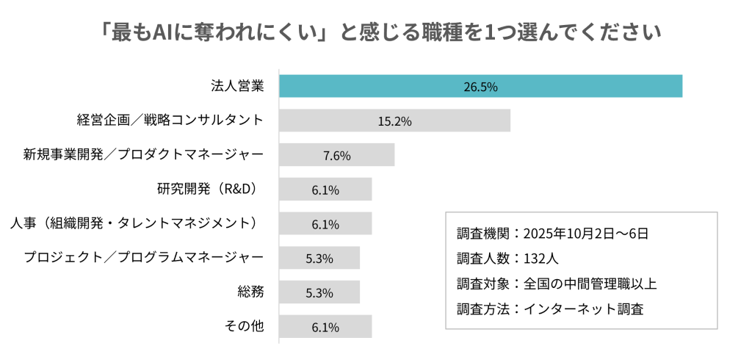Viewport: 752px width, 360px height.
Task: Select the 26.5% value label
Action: tap(480, 86)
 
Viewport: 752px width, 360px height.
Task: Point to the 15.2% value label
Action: tap(394, 120)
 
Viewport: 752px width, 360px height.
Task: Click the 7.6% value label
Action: tap(336, 155)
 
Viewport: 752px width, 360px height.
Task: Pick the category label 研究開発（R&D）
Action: tap(210, 189)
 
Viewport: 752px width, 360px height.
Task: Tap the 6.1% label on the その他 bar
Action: tap(325, 327)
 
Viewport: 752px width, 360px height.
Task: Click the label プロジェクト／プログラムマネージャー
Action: tap(143, 258)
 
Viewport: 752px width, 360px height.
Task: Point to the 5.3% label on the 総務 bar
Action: tap(319, 292)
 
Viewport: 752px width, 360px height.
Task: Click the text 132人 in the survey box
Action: tap(543, 259)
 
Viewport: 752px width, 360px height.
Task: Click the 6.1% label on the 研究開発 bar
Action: tap(325, 190)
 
